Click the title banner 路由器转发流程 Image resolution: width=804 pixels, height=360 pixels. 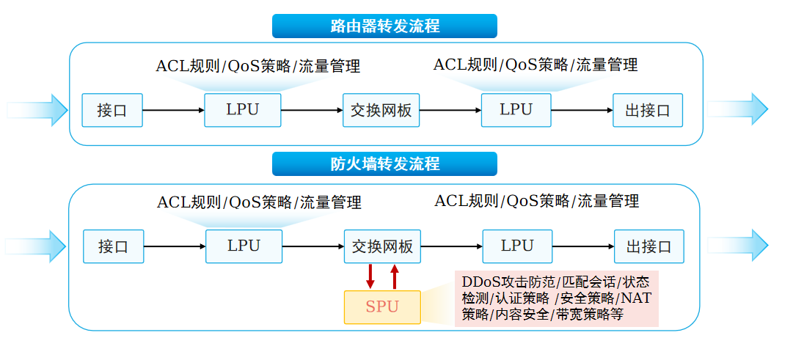(384, 26)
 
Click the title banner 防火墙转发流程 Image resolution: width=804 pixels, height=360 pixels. (384, 164)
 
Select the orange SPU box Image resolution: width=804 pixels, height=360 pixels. (382, 307)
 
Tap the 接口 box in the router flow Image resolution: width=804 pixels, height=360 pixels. (112, 110)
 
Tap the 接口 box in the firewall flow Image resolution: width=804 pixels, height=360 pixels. (113, 246)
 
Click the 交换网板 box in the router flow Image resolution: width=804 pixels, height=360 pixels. (381, 110)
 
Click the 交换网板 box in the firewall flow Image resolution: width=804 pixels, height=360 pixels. (382, 246)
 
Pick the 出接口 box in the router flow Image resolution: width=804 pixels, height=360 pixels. (648, 110)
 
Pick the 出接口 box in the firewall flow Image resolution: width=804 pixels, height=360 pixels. (649, 246)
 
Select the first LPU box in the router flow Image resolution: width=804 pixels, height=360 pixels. (243, 110)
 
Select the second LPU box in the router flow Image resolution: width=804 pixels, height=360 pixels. (516, 110)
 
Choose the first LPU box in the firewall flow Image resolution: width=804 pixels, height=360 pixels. (244, 246)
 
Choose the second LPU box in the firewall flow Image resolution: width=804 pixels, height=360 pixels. (517, 246)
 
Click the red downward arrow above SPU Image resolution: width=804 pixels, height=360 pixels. (370, 276)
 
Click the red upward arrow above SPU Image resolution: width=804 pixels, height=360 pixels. (395, 276)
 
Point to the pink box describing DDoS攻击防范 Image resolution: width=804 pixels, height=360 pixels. (556, 298)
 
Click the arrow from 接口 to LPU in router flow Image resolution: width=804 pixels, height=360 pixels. (173, 110)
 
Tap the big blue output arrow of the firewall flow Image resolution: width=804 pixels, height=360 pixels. (737, 246)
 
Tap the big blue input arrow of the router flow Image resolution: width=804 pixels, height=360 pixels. (37, 110)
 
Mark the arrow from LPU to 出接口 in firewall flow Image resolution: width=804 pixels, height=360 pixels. (583, 246)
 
